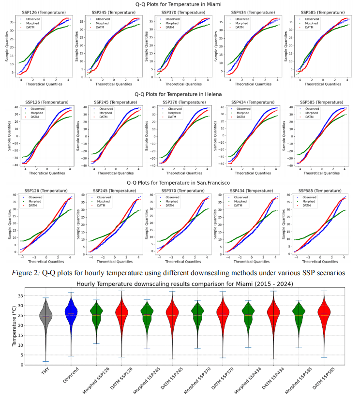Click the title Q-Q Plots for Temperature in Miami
pos(180,4)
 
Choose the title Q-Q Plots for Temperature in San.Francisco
pos(180,183)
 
